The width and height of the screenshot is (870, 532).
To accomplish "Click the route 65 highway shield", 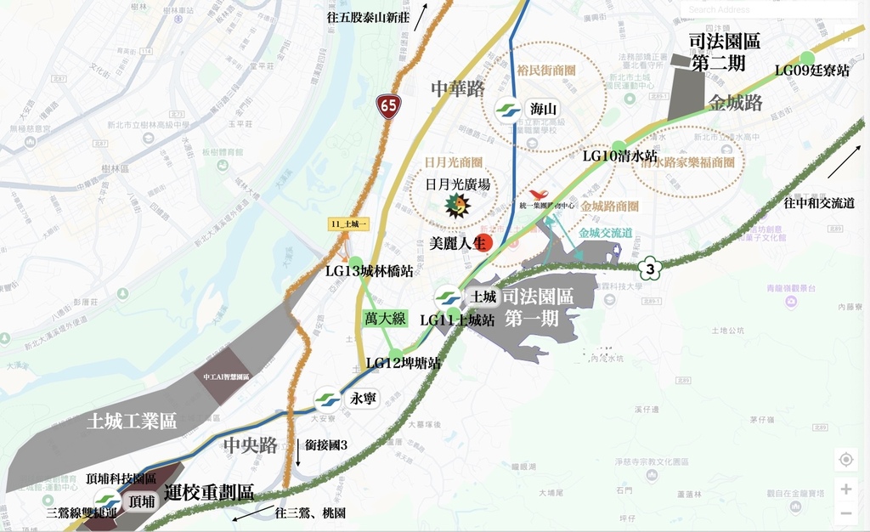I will (x=388, y=105).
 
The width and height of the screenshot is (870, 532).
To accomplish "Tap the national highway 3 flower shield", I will (x=650, y=269).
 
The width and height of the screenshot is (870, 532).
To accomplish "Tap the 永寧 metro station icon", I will (x=327, y=399).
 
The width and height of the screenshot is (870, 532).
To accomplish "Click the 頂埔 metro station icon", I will (x=107, y=501).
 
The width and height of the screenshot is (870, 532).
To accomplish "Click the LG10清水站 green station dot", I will (x=619, y=145).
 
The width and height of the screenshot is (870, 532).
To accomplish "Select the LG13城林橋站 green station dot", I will (x=355, y=263).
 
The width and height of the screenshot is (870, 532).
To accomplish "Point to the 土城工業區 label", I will (x=132, y=421).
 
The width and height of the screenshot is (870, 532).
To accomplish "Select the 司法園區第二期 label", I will (x=725, y=51).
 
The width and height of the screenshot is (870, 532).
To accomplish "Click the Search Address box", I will (x=769, y=9).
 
